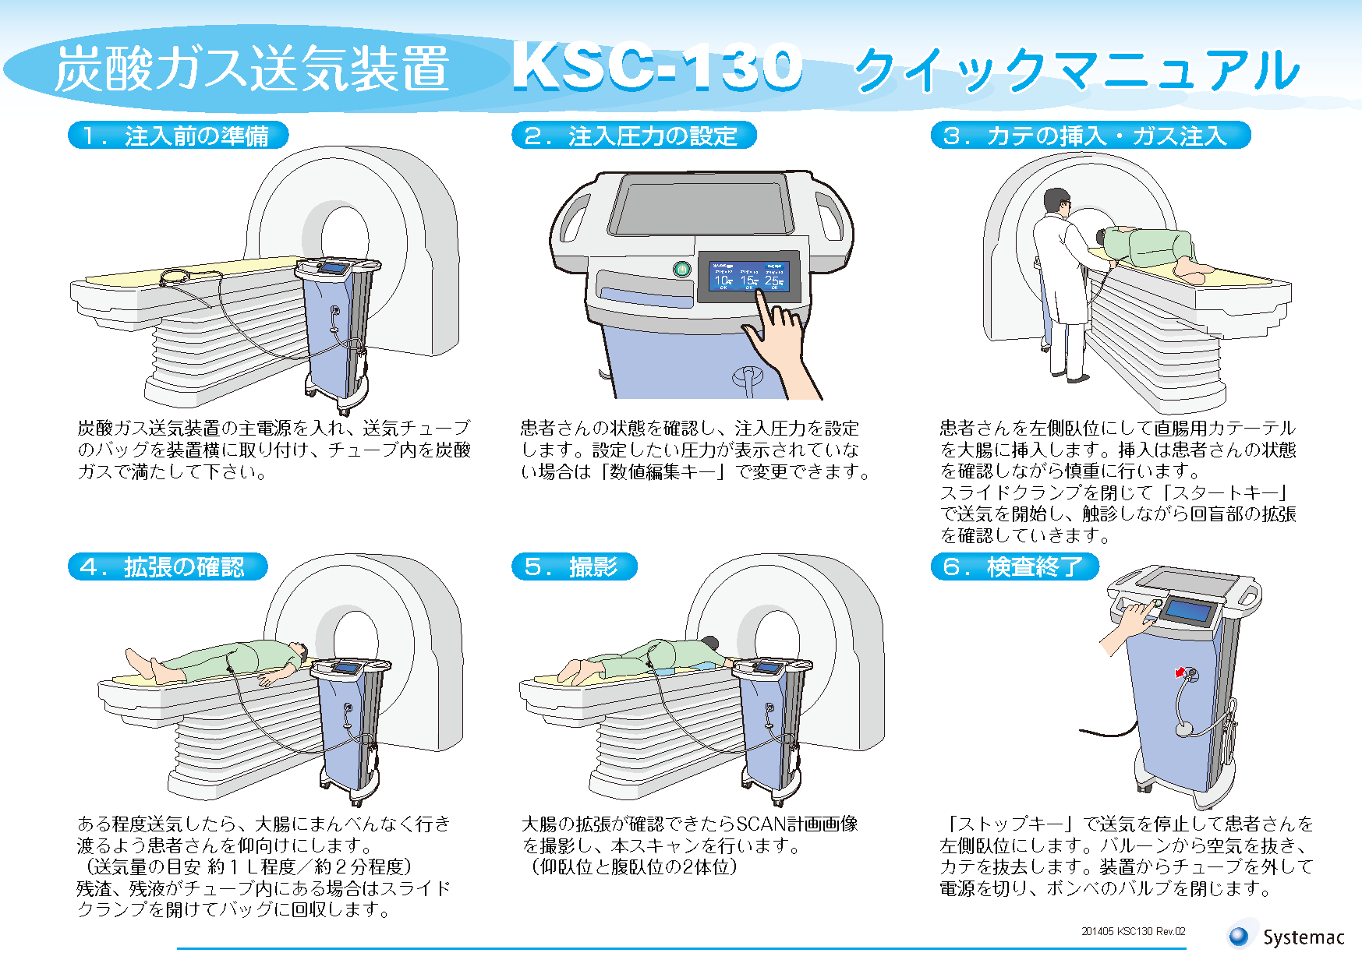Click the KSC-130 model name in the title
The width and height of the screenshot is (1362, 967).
point(657,67)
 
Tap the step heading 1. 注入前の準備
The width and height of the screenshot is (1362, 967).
point(179,136)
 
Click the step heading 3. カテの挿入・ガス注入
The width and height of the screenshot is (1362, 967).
point(1090,136)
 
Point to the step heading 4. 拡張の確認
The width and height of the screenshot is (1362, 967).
point(168,566)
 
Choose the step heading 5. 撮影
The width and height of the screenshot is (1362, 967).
point(575,566)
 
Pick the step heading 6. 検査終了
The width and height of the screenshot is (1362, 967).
point(1014,566)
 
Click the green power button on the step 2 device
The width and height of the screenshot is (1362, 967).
point(681,270)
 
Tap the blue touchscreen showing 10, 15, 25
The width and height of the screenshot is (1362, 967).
point(748,276)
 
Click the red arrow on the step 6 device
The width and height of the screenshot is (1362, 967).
point(1180,672)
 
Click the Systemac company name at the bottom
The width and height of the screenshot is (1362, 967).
point(1304,937)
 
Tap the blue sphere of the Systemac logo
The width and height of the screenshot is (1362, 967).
point(1239,936)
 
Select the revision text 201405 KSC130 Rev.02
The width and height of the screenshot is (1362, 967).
point(1133,931)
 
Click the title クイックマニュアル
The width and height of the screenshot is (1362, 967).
point(1077,70)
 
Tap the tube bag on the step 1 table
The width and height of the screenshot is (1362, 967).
point(176,276)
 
